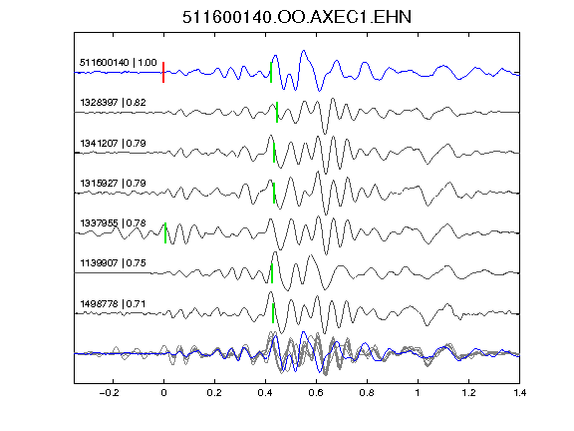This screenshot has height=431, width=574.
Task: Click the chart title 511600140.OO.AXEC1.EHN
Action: pos(297,17)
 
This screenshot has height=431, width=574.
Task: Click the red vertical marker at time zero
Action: pos(163,72)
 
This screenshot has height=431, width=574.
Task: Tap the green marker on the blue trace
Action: pos(271,72)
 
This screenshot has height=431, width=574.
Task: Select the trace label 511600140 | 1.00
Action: pos(119,63)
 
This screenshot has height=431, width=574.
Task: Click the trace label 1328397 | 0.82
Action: pos(114,102)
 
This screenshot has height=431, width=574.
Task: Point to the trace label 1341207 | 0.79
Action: pos(114,143)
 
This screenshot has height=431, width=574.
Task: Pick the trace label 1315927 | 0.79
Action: pos(114,183)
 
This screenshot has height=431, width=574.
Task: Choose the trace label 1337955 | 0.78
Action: pos(114,223)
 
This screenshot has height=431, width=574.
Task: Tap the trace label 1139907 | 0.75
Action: pos(114,263)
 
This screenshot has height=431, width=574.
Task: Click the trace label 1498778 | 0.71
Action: pos(114,304)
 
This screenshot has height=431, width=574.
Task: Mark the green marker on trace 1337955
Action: pos(165,232)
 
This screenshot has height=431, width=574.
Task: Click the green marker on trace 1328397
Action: pos(277,112)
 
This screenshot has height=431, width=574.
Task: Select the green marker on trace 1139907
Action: pos(272,273)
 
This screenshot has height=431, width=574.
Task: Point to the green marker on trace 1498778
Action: pos(273,313)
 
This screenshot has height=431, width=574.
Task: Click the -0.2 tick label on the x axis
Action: pos(109,393)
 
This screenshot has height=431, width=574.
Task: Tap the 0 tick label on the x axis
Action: pos(163,393)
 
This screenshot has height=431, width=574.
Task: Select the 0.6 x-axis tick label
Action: pos(316,393)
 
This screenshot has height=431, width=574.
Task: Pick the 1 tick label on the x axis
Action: pos(418,393)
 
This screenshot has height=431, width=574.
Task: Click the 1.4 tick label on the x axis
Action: pos(519,393)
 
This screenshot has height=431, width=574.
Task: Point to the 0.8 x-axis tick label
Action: pos(367,393)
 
